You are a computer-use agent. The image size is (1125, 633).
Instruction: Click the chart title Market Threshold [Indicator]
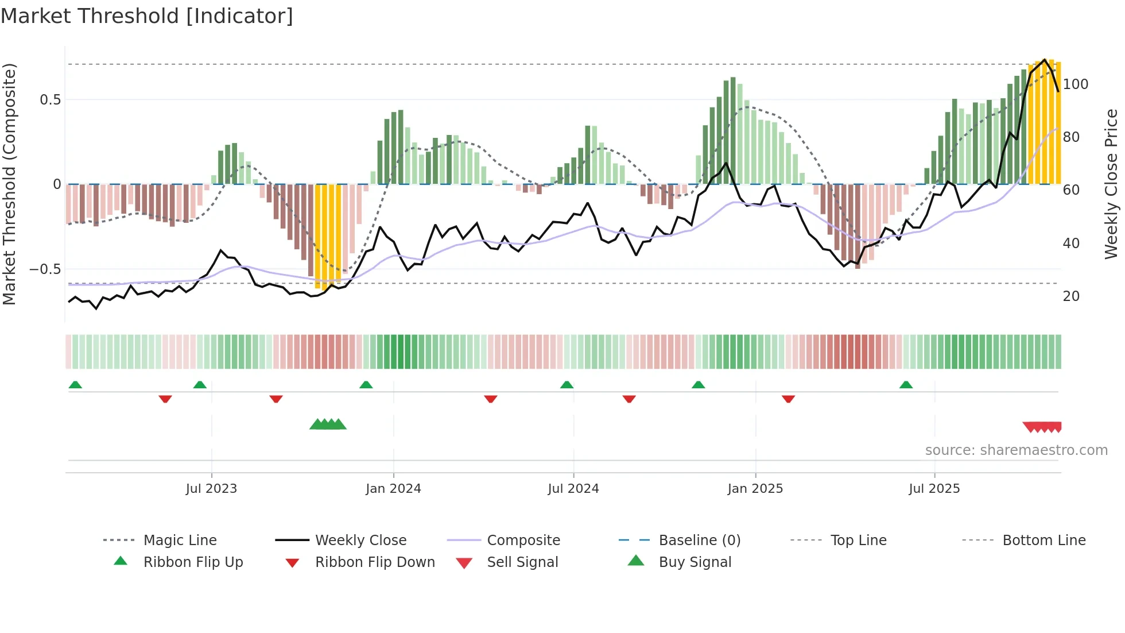(147, 16)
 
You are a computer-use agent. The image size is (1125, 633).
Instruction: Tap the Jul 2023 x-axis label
(211, 489)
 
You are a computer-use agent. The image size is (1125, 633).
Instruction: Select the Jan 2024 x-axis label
(393, 489)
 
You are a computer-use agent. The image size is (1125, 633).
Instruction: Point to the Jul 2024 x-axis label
(573, 489)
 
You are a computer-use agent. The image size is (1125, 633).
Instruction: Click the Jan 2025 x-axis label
(755, 489)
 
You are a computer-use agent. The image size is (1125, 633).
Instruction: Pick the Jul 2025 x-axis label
(934, 489)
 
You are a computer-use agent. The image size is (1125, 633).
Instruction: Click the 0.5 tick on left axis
(50, 100)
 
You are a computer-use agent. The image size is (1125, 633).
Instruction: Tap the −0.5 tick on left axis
(45, 269)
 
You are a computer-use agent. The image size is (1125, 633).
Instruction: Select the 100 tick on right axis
(1075, 84)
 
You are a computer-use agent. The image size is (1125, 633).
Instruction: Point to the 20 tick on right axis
(1071, 296)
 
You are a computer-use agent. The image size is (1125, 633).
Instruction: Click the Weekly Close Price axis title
(1111, 184)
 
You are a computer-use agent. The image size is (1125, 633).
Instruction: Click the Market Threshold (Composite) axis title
(9, 184)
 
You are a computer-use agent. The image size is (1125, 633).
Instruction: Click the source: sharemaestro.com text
(1016, 450)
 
